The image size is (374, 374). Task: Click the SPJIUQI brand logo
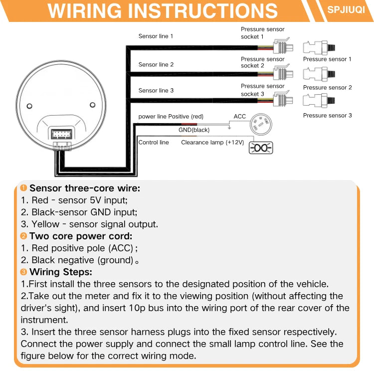[346, 10]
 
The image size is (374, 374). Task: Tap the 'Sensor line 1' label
[156, 36]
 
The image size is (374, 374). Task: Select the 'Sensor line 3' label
[156, 91]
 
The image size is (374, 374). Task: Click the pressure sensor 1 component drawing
[319, 47]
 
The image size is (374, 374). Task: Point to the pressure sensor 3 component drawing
[319, 100]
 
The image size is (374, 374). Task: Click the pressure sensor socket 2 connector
[283, 72]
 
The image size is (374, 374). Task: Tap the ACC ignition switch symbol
[261, 124]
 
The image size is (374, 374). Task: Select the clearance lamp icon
[261, 148]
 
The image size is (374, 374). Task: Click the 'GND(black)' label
[194, 130]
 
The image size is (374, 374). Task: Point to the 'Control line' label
[154, 143]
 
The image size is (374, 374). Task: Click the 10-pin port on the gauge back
[61, 134]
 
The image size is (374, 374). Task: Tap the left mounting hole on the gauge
[29, 106]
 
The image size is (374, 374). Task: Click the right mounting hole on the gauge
[93, 105]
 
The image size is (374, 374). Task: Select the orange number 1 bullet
[23, 188]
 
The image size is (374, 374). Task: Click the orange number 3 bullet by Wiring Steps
[23, 272]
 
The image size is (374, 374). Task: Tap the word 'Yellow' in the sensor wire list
[45, 224]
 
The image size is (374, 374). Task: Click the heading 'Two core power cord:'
[81, 236]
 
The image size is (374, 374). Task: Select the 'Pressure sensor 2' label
[328, 88]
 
